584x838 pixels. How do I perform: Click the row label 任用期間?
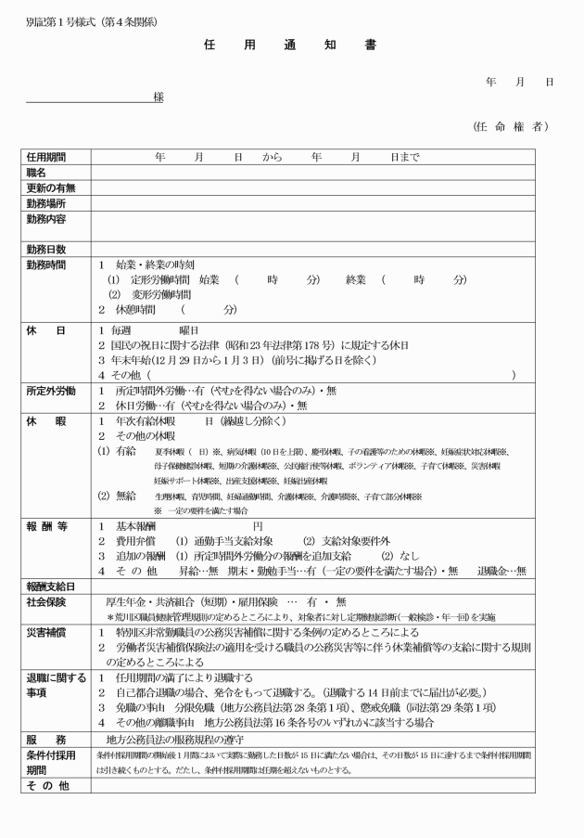46,158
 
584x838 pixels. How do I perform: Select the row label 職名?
36,173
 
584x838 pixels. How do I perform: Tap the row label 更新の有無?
49,188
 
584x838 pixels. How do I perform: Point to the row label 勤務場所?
46,203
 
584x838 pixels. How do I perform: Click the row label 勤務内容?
46,219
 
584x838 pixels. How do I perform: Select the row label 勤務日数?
46,250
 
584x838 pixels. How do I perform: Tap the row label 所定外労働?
49,391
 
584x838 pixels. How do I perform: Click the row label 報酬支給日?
49,587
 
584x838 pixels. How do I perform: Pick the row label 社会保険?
46,601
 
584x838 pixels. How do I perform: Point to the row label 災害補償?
46,632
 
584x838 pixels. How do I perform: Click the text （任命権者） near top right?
509,126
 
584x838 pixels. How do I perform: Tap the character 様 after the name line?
159,97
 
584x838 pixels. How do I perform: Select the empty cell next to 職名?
324,173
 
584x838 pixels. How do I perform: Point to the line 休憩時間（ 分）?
167,309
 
